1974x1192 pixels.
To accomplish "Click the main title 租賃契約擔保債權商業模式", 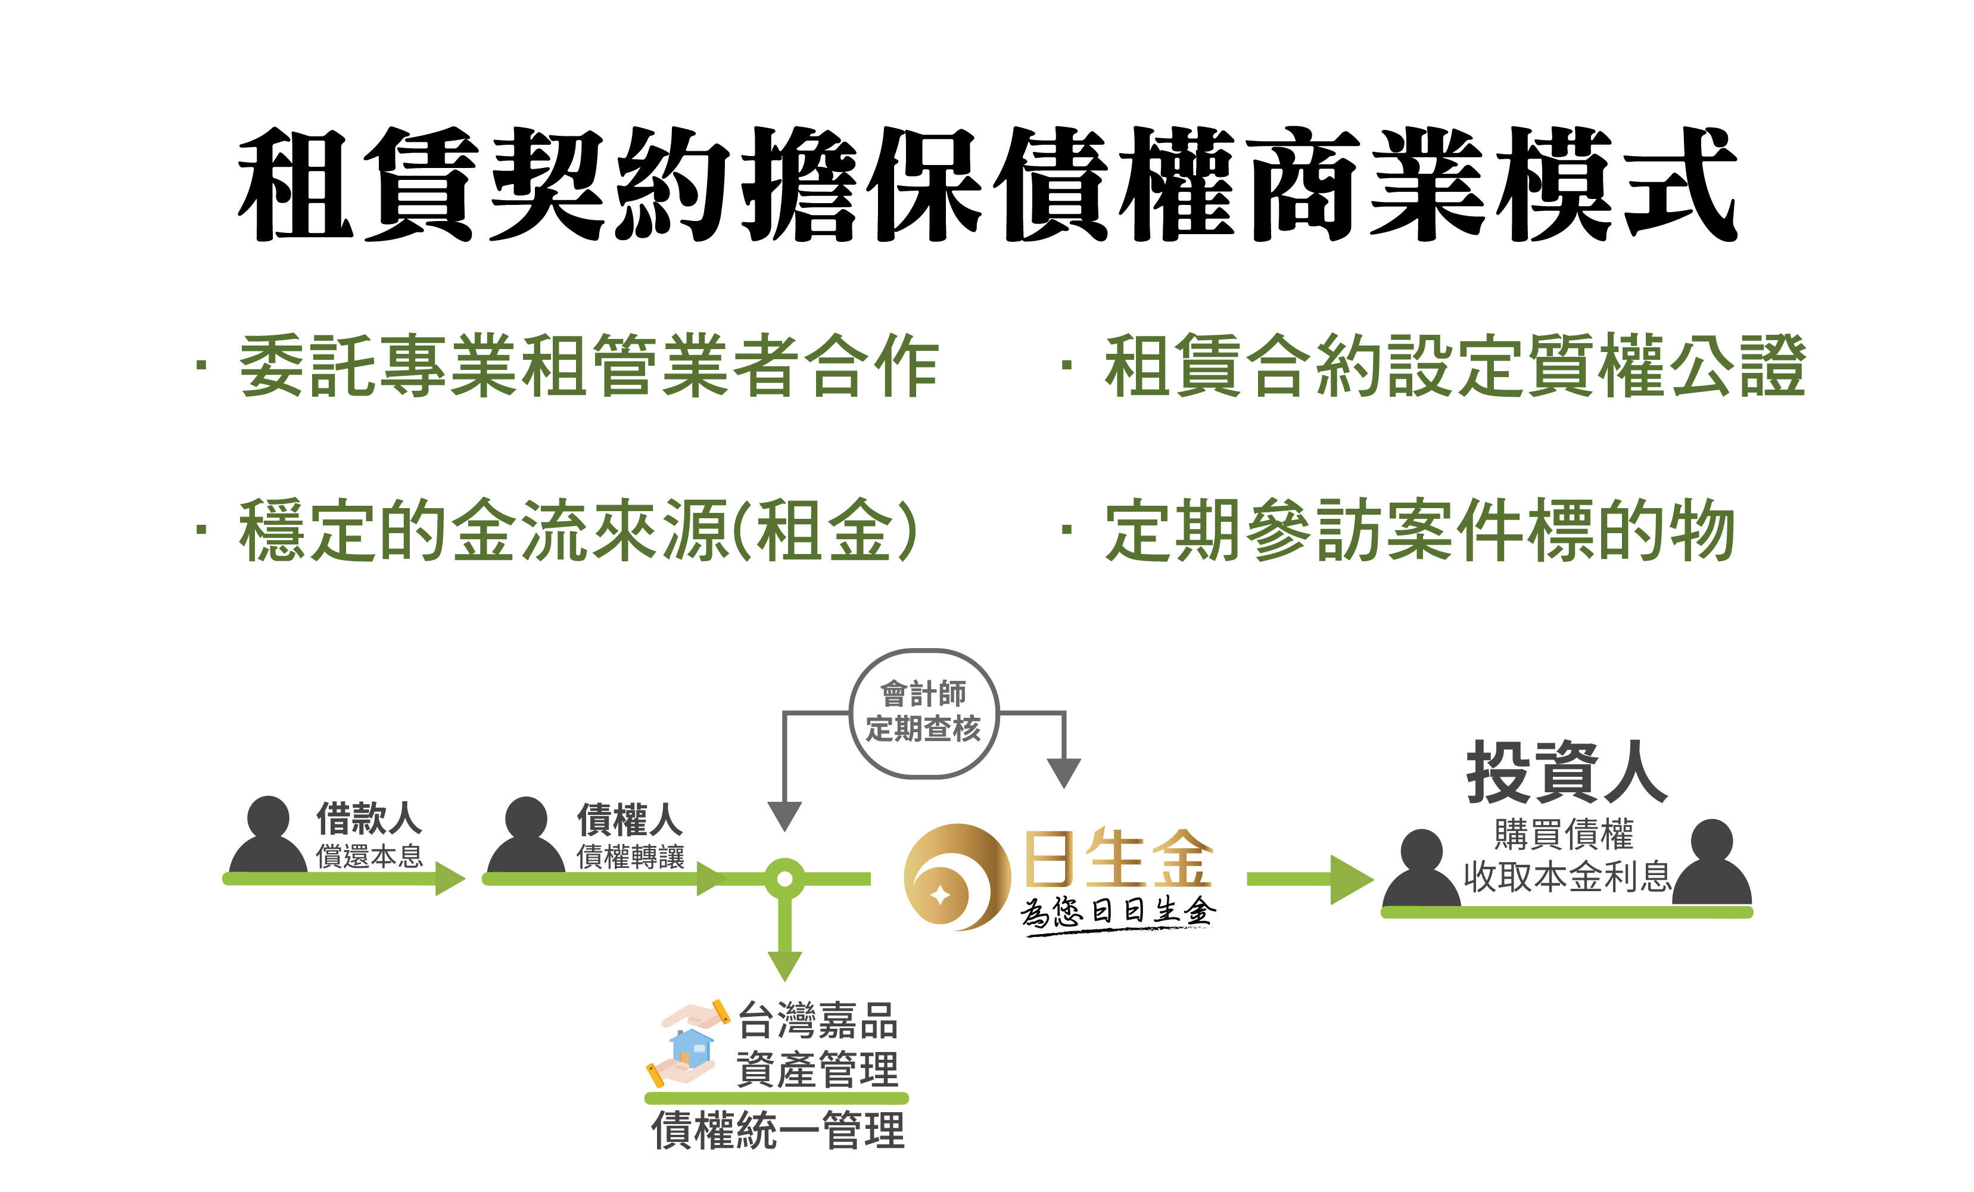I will (x=987, y=184).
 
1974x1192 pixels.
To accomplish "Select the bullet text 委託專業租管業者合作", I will (x=589, y=366).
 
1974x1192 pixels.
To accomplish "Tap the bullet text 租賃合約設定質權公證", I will (x=1454, y=366).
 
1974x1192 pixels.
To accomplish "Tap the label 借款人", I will (x=369, y=818).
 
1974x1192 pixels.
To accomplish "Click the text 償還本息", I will (x=369, y=857).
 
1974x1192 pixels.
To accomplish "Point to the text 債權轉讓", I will (x=630, y=857).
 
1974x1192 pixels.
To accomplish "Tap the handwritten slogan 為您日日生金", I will (x=1117, y=913).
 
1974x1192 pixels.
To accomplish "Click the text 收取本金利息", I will (x=1566, y=876).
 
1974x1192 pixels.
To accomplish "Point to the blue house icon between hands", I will (x=690, y=1048).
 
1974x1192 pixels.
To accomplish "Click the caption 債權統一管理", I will (x=777, y=1130).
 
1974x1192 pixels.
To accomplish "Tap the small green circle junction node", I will (x=784, y=879).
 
